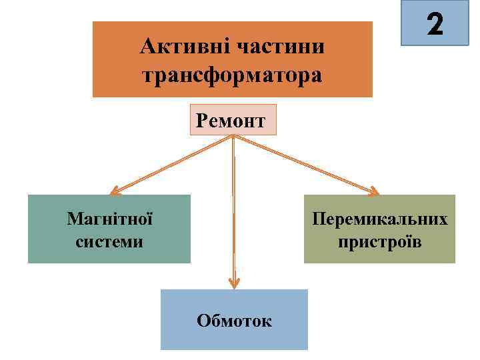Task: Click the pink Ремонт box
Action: tap(233, 120)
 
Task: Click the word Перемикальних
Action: tap(380, 219)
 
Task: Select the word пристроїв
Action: tap(380, 241)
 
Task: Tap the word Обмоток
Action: tap(234, 321)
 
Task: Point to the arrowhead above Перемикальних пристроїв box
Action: tap(374, 192)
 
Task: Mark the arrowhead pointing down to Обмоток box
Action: tap(234, 284)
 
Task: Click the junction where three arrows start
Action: tap(233, 137)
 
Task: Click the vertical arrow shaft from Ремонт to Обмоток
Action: tap(234, 213)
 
